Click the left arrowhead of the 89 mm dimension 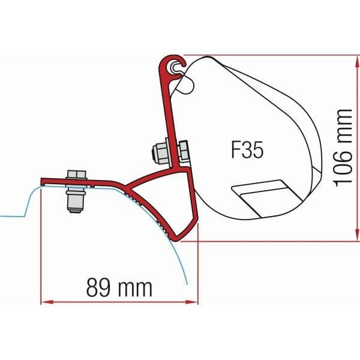[x=43, y=302]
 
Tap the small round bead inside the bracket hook [x=175, y=70]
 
